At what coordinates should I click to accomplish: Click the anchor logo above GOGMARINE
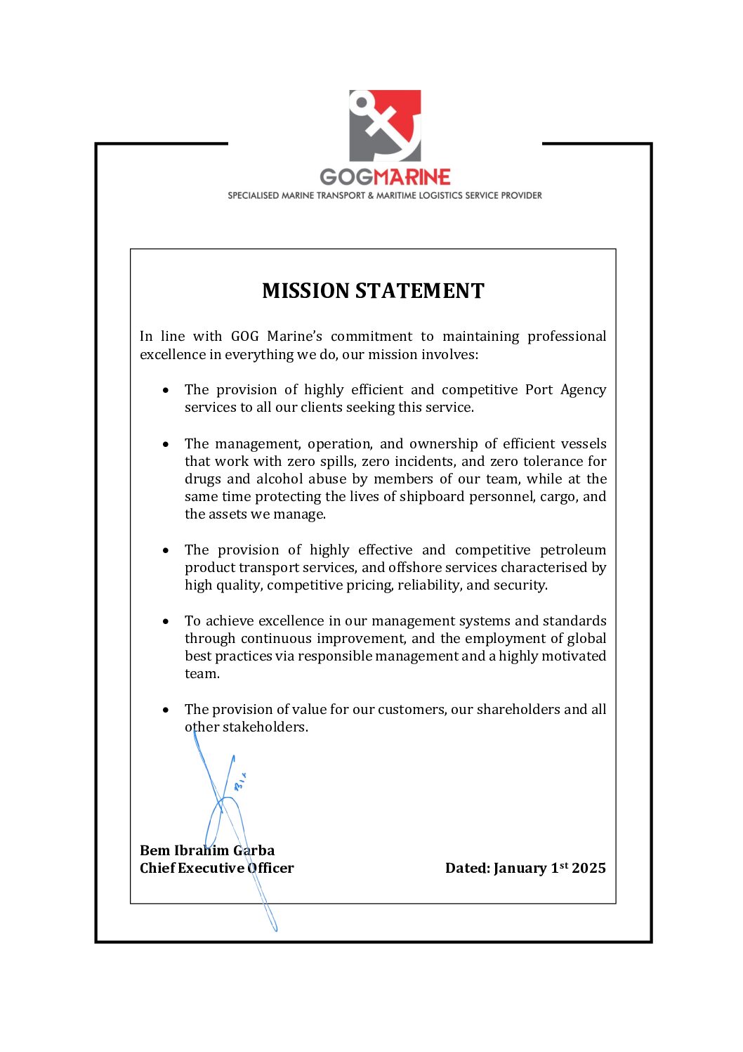click(x=385, y=125)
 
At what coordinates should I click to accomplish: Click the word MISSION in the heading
click(x=305, y=291)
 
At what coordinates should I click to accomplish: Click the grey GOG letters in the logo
click(x=347, y=177)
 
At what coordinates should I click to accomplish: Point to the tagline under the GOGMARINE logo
click(x=385, y=195)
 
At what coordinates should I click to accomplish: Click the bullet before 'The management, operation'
click(x=166, y=444)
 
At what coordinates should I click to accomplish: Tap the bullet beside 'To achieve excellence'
click(x=166, y=621)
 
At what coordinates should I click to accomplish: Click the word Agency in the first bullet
click(x=583, y=389)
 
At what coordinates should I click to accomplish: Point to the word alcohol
click(x=301, y=479)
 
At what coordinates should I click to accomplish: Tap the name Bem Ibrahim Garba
click(x=207, y=850)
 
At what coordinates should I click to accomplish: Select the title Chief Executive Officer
click(x=216, y=868)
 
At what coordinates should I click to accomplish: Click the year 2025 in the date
click(x=589, y=868)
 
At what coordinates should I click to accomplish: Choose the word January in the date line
click(x=520, y=869)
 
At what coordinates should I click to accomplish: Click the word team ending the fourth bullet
click(x=201, y=674)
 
